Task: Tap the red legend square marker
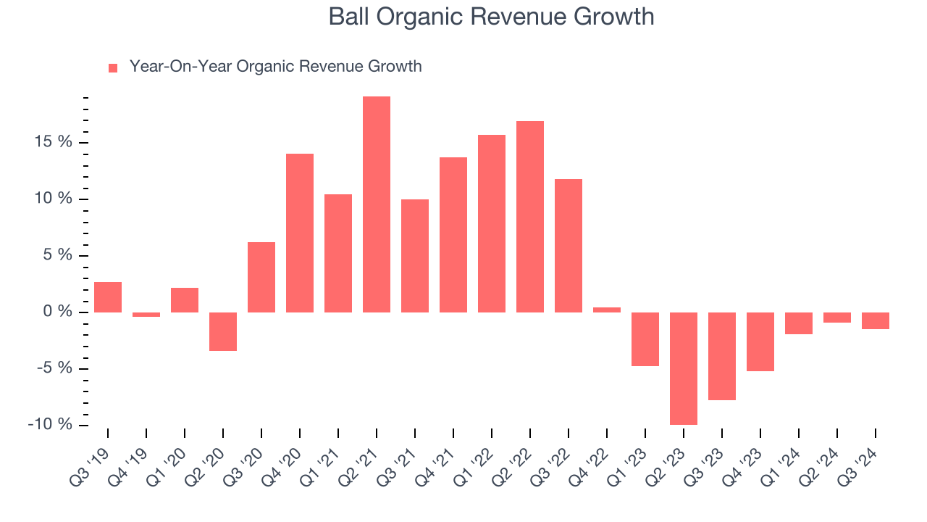click(112, 68)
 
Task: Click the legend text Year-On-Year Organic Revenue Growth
click(275, 67)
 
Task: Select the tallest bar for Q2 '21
click(377, 204)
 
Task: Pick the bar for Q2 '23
click(683, 368)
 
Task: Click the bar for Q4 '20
click(300, 233)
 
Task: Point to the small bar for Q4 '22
click(606, 310)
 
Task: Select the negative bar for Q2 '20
click(223, 331)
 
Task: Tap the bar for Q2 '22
click(530, 217)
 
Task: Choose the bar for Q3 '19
click(108, 297)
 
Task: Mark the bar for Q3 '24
click(875, 320)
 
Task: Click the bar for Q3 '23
click(721, 356)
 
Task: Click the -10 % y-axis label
click(50, 425)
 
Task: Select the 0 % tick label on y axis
click(57, 312)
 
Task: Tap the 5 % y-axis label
click(57, 255)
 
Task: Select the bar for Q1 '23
click(645, 339)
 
